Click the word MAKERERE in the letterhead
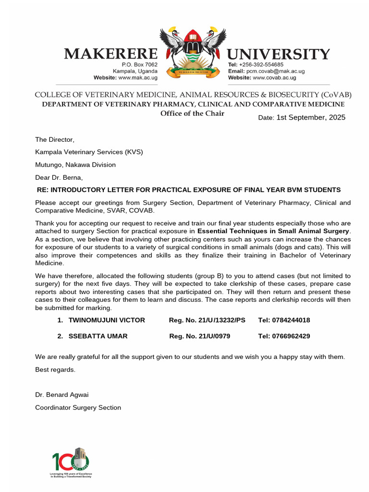pos(111,54)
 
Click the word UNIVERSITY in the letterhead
pos(278,54)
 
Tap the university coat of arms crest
pos(192,53)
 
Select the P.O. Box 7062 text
pos(139,64)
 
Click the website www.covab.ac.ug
pos(274,77)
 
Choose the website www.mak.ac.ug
pos(137,77)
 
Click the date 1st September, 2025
pos(310,117)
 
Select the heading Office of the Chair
pos(192,113)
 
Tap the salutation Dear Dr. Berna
pos(62,177)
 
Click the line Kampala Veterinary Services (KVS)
pos(89,152)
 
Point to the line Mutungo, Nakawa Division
pos(75,165)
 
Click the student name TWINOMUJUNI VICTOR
pos(107,320)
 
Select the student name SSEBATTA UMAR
pos(98,336)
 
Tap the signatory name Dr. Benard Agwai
pos(61,395)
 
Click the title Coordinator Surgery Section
pos(78,407)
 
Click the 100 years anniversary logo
pos(71,462)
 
